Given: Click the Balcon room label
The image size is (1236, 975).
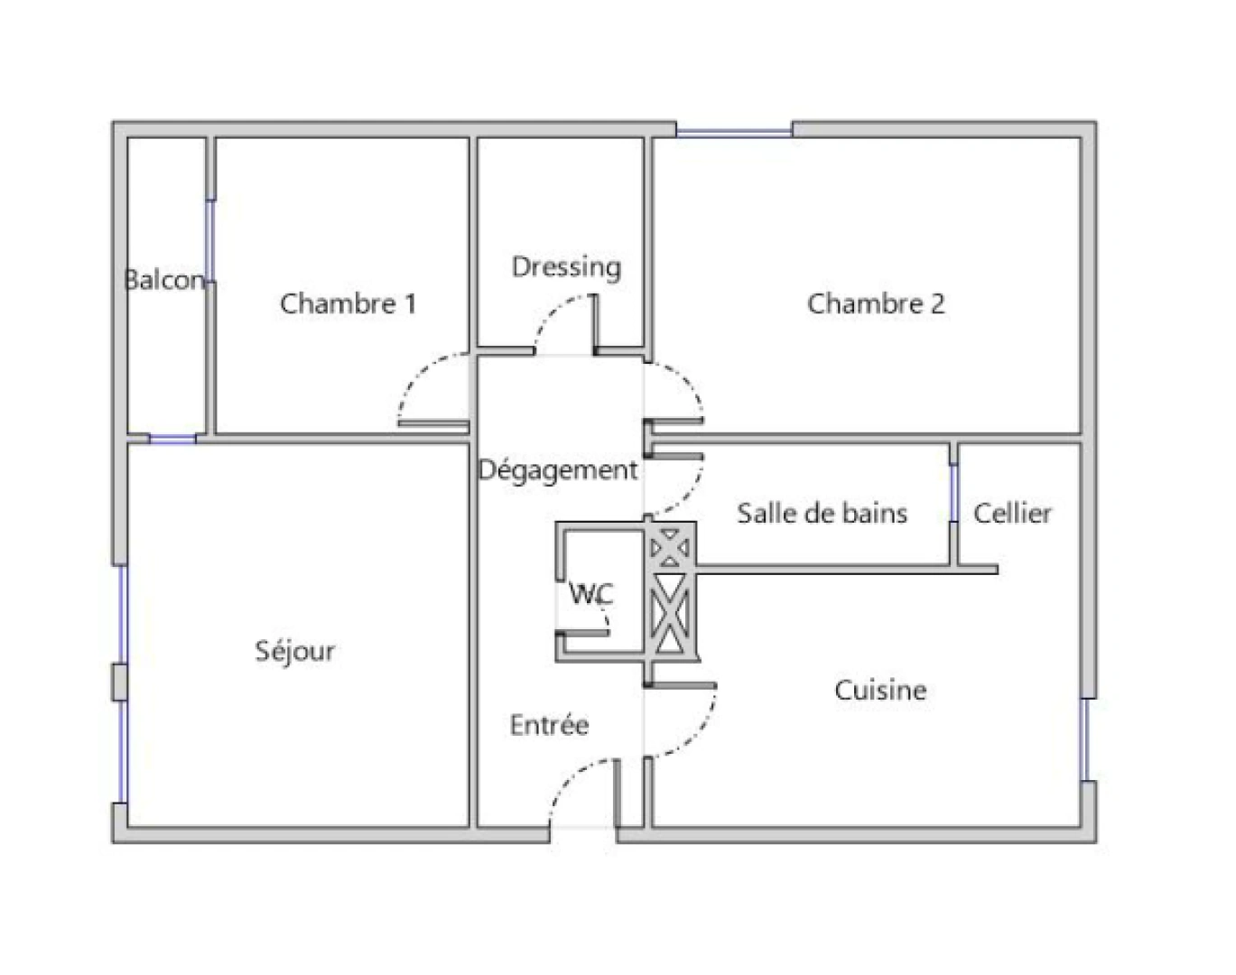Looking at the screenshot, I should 165,280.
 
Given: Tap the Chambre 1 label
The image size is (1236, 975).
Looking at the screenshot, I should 348,303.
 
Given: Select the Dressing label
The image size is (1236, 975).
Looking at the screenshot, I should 566,267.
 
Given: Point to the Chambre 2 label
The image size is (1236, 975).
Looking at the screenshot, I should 875,303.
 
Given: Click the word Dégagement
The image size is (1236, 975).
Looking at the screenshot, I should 558,470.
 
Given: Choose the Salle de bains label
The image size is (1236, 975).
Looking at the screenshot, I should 822,514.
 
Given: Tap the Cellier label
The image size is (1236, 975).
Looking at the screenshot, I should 1012,514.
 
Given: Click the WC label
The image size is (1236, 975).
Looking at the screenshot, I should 591,594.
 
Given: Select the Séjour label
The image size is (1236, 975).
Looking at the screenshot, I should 294,651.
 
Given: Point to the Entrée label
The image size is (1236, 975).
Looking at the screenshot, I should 549,725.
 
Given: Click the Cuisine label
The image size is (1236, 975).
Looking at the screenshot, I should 880,691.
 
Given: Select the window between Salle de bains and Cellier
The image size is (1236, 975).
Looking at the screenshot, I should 953,493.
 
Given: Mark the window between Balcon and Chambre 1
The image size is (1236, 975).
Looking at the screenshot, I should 210,239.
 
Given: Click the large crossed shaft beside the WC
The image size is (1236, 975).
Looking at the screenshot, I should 670,614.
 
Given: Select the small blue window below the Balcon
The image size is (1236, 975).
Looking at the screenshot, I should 172,440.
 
